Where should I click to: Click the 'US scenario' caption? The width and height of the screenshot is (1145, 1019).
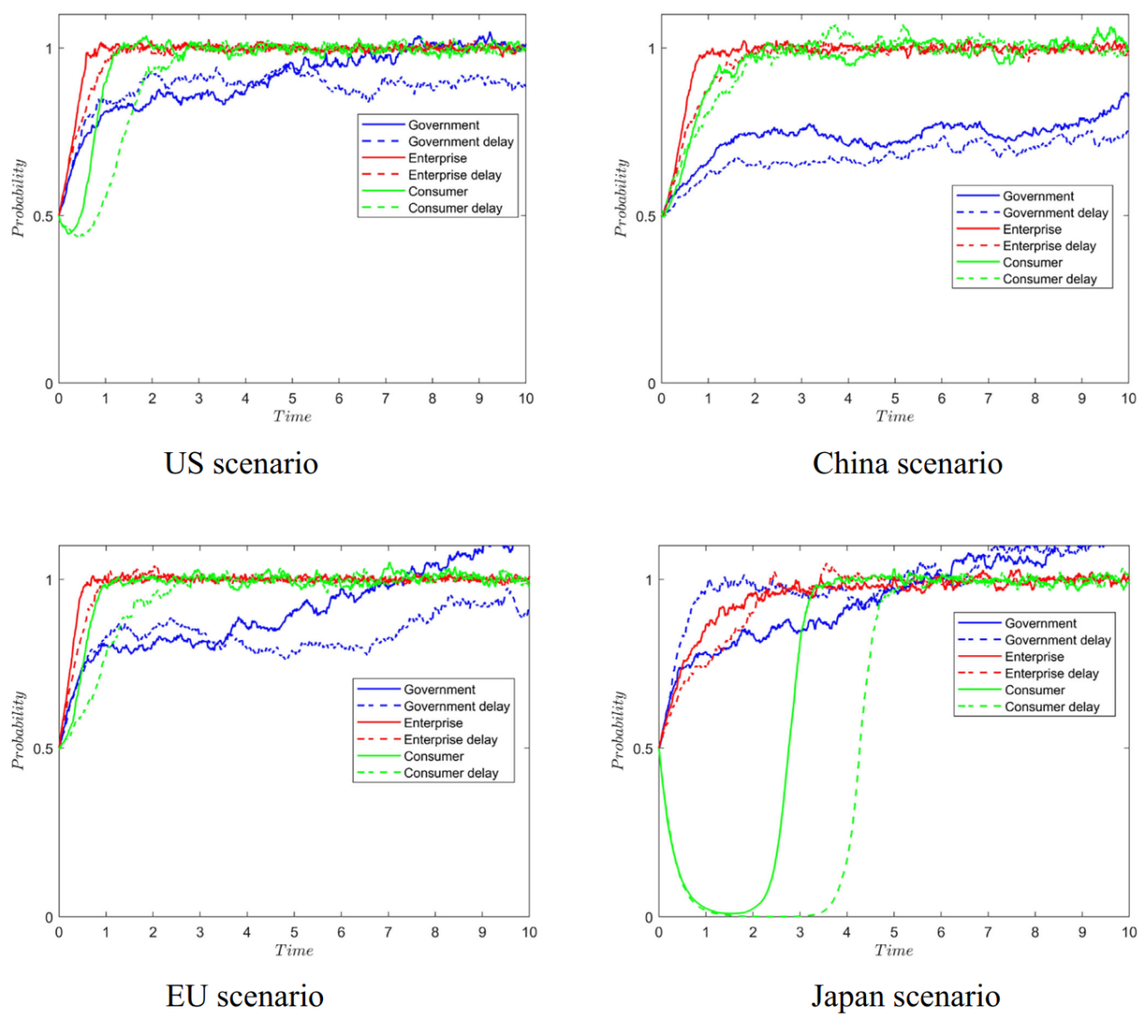(241, 463)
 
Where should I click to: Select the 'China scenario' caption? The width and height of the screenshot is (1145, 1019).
(907, 463)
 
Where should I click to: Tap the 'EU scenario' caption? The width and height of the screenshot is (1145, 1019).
(245, 996)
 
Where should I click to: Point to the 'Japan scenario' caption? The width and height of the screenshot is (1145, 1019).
(905, 996)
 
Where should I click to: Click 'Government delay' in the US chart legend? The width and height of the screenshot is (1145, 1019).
(460, 142)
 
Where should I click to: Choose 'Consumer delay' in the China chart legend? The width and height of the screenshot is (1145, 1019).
(1049, 279)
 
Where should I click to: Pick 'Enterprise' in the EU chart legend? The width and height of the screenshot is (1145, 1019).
(433, 723)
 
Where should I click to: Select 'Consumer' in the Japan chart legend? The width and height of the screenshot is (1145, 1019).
(1035, 690)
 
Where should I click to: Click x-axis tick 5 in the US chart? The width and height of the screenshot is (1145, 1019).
(292, 398)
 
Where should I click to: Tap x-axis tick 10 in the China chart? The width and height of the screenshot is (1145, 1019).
(1128, 398)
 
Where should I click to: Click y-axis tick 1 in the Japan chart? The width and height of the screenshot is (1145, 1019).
(649, 579)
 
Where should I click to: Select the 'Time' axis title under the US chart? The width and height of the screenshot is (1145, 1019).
(292, 416)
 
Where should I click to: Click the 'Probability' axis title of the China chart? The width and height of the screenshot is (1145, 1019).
(620, 198)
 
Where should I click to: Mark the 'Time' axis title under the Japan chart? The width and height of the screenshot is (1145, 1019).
(893, 950)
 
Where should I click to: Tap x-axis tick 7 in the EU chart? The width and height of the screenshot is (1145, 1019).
(388, 931)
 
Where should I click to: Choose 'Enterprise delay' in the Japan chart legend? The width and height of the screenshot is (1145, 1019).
(1051, 673)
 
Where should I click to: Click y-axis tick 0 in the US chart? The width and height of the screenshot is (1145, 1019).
(49, 384)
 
